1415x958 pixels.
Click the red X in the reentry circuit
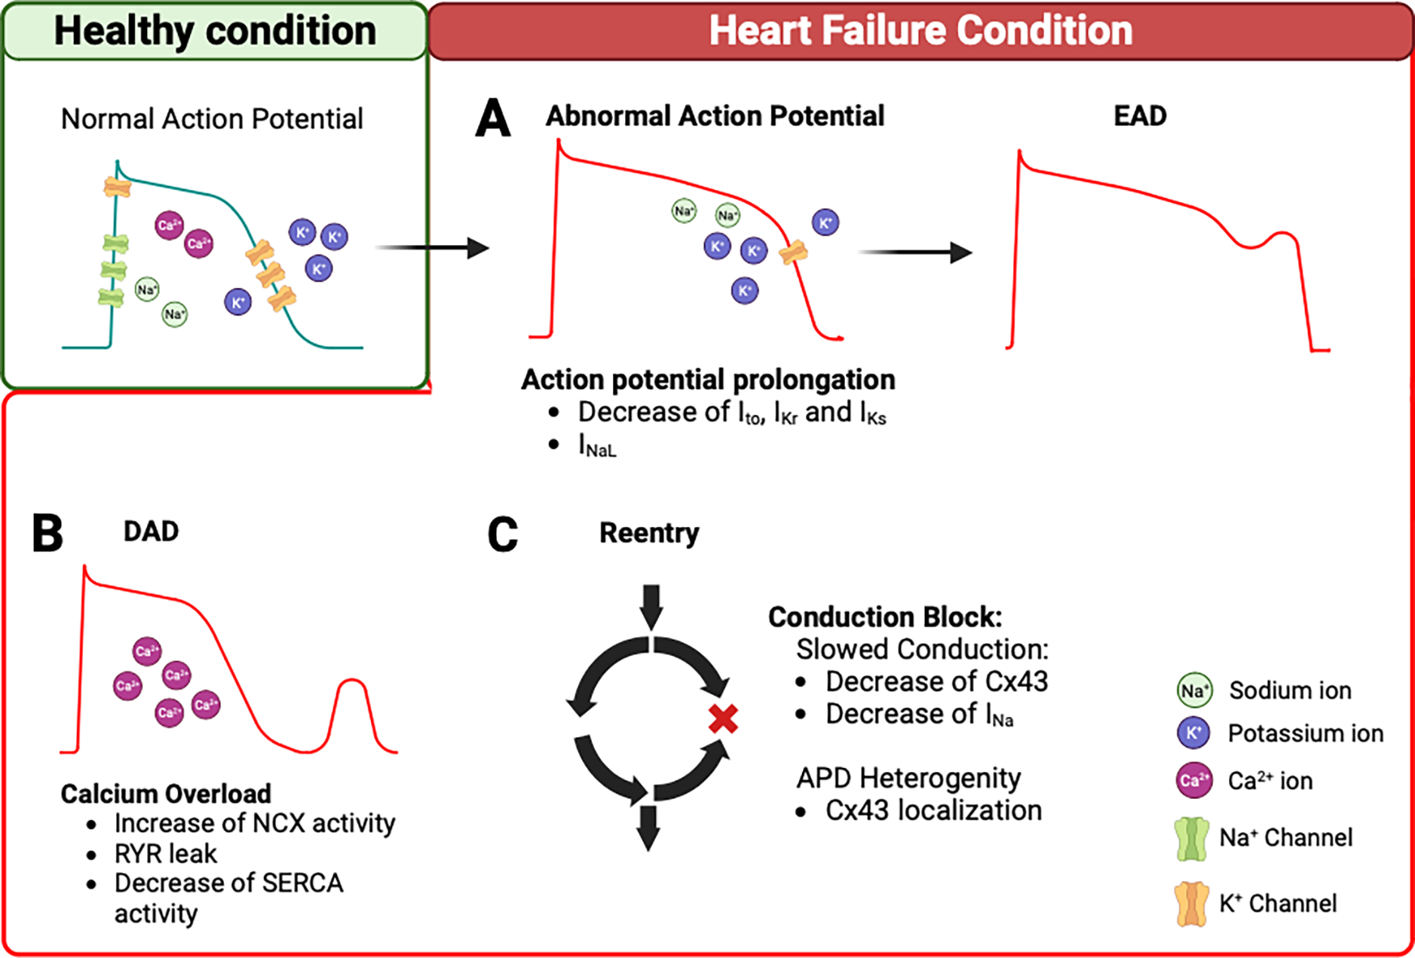coord(723,718)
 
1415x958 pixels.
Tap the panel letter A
coord(492,119)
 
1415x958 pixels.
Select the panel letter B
coord(48,534)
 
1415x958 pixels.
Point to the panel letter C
coord(502,535)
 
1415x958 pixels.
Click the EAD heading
coord(1139,116)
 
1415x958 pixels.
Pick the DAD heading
coord(151,532)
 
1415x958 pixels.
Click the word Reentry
coord(648,534)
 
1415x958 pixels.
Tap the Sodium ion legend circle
coord(1194,690)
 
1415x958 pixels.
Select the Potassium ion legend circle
coord(1193,733)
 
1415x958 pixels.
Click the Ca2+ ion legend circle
coord(1193,781)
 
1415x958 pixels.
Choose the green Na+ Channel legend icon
coord(1191,838)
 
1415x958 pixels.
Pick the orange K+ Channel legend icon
coord(1191,903)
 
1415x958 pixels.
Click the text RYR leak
coord(166,854)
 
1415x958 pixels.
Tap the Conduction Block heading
coord(885,618)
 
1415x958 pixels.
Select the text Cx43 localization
coord(933,811)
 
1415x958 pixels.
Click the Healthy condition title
coord(215,31)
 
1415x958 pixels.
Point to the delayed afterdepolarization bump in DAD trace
coord(352,687)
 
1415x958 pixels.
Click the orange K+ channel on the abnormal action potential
coord(793,253)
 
